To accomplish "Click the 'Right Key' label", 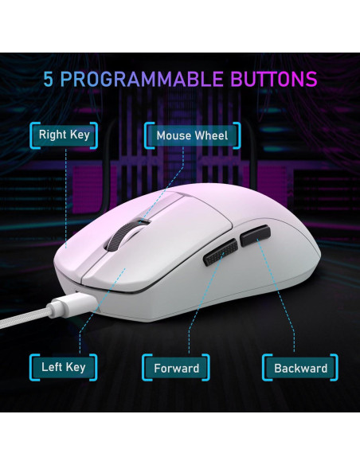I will click(65, 135).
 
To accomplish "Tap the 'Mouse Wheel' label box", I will click(191, 135).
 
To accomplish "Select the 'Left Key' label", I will click(63, 367).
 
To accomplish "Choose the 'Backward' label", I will click(300, 368).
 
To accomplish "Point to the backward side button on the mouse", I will click(256, 236).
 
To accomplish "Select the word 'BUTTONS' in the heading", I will click(274, 80).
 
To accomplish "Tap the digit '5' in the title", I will click(51, 80).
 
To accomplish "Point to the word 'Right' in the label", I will click(53, 135).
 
